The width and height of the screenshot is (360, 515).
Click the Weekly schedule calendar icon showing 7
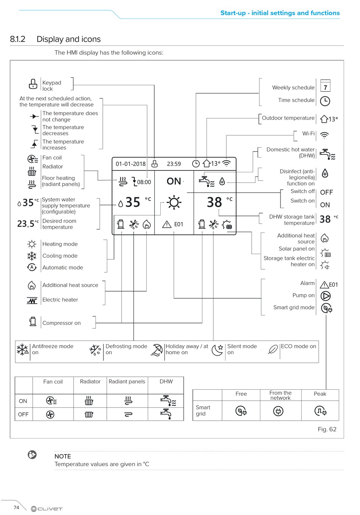click(325, 86)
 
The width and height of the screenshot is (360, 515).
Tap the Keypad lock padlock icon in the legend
click(33, 84)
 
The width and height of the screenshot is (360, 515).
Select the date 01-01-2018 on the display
click(130, 164)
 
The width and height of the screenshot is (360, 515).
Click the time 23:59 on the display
click(174, 164)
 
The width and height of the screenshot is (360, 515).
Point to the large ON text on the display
click(174, 181)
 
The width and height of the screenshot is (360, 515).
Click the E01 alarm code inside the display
click(178, 224)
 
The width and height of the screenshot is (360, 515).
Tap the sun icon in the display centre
click(174, 202)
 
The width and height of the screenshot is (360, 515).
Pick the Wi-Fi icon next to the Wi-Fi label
click(324, 135)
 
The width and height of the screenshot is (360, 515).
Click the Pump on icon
click(326, 296)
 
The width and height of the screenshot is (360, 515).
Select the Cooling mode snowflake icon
click(32, 256)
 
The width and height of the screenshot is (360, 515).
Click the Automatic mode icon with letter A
click(32, 267)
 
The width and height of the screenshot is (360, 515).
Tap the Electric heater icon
click(32, 300)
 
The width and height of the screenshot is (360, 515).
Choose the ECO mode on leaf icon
click(273, 350)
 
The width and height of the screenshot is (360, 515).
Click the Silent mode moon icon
click(218, 350)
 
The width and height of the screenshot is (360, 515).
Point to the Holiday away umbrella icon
click(157, 350)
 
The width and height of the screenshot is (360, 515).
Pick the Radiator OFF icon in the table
click(89, 415)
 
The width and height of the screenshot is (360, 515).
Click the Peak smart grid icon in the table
click(320, 411)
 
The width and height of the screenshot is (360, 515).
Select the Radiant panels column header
click(127, 381)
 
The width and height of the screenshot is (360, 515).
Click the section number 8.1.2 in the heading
click(17, 39)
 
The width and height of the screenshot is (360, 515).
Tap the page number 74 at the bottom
click(16, 507)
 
